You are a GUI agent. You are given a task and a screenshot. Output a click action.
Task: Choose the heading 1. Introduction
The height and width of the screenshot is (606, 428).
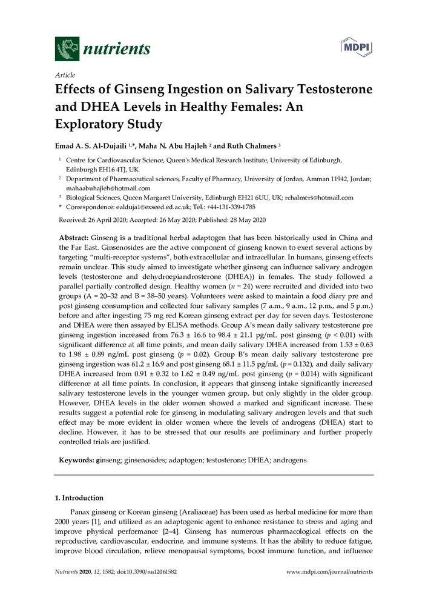point(79,498)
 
